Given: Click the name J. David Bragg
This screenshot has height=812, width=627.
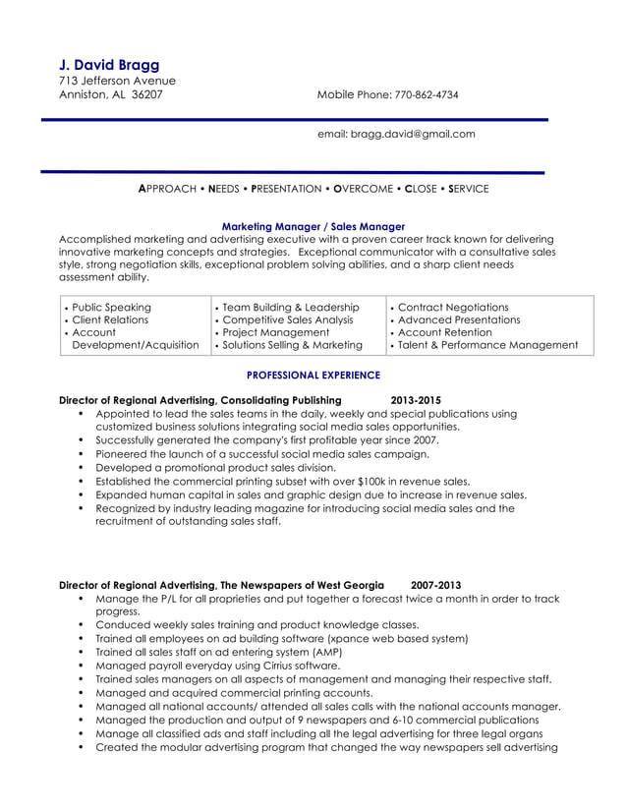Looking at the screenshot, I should (109, 65).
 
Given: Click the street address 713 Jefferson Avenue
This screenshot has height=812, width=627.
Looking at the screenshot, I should (117, 81).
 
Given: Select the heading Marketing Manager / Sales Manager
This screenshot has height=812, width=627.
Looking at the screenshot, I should (313, 226).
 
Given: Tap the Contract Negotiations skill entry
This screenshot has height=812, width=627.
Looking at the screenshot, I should (453, 308).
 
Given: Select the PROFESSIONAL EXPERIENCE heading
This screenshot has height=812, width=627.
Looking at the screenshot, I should (313, 376).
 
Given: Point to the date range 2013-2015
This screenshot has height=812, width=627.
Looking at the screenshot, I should (416, 401).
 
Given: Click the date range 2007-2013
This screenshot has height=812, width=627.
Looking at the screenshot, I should (435, 584).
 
